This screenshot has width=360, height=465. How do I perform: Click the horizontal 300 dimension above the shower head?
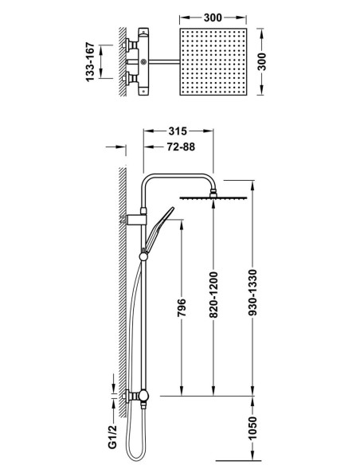[x=213, y=18]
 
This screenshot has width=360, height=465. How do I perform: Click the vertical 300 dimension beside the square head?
[x=262, y=61]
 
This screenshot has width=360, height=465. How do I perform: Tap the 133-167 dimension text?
[x=90, y=61]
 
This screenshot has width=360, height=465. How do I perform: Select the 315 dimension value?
[x=178, y=131]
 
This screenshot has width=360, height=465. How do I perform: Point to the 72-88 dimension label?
[x=181, y=147]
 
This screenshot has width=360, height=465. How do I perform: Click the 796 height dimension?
[x=182, y=307]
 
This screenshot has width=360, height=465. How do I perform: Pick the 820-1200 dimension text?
[x=213, y=295]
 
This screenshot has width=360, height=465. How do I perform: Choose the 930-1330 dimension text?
[x=252, y=292]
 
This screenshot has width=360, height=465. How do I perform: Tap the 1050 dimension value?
[x=252, y=428]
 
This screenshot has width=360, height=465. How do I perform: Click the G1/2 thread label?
[x=112, y=436]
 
